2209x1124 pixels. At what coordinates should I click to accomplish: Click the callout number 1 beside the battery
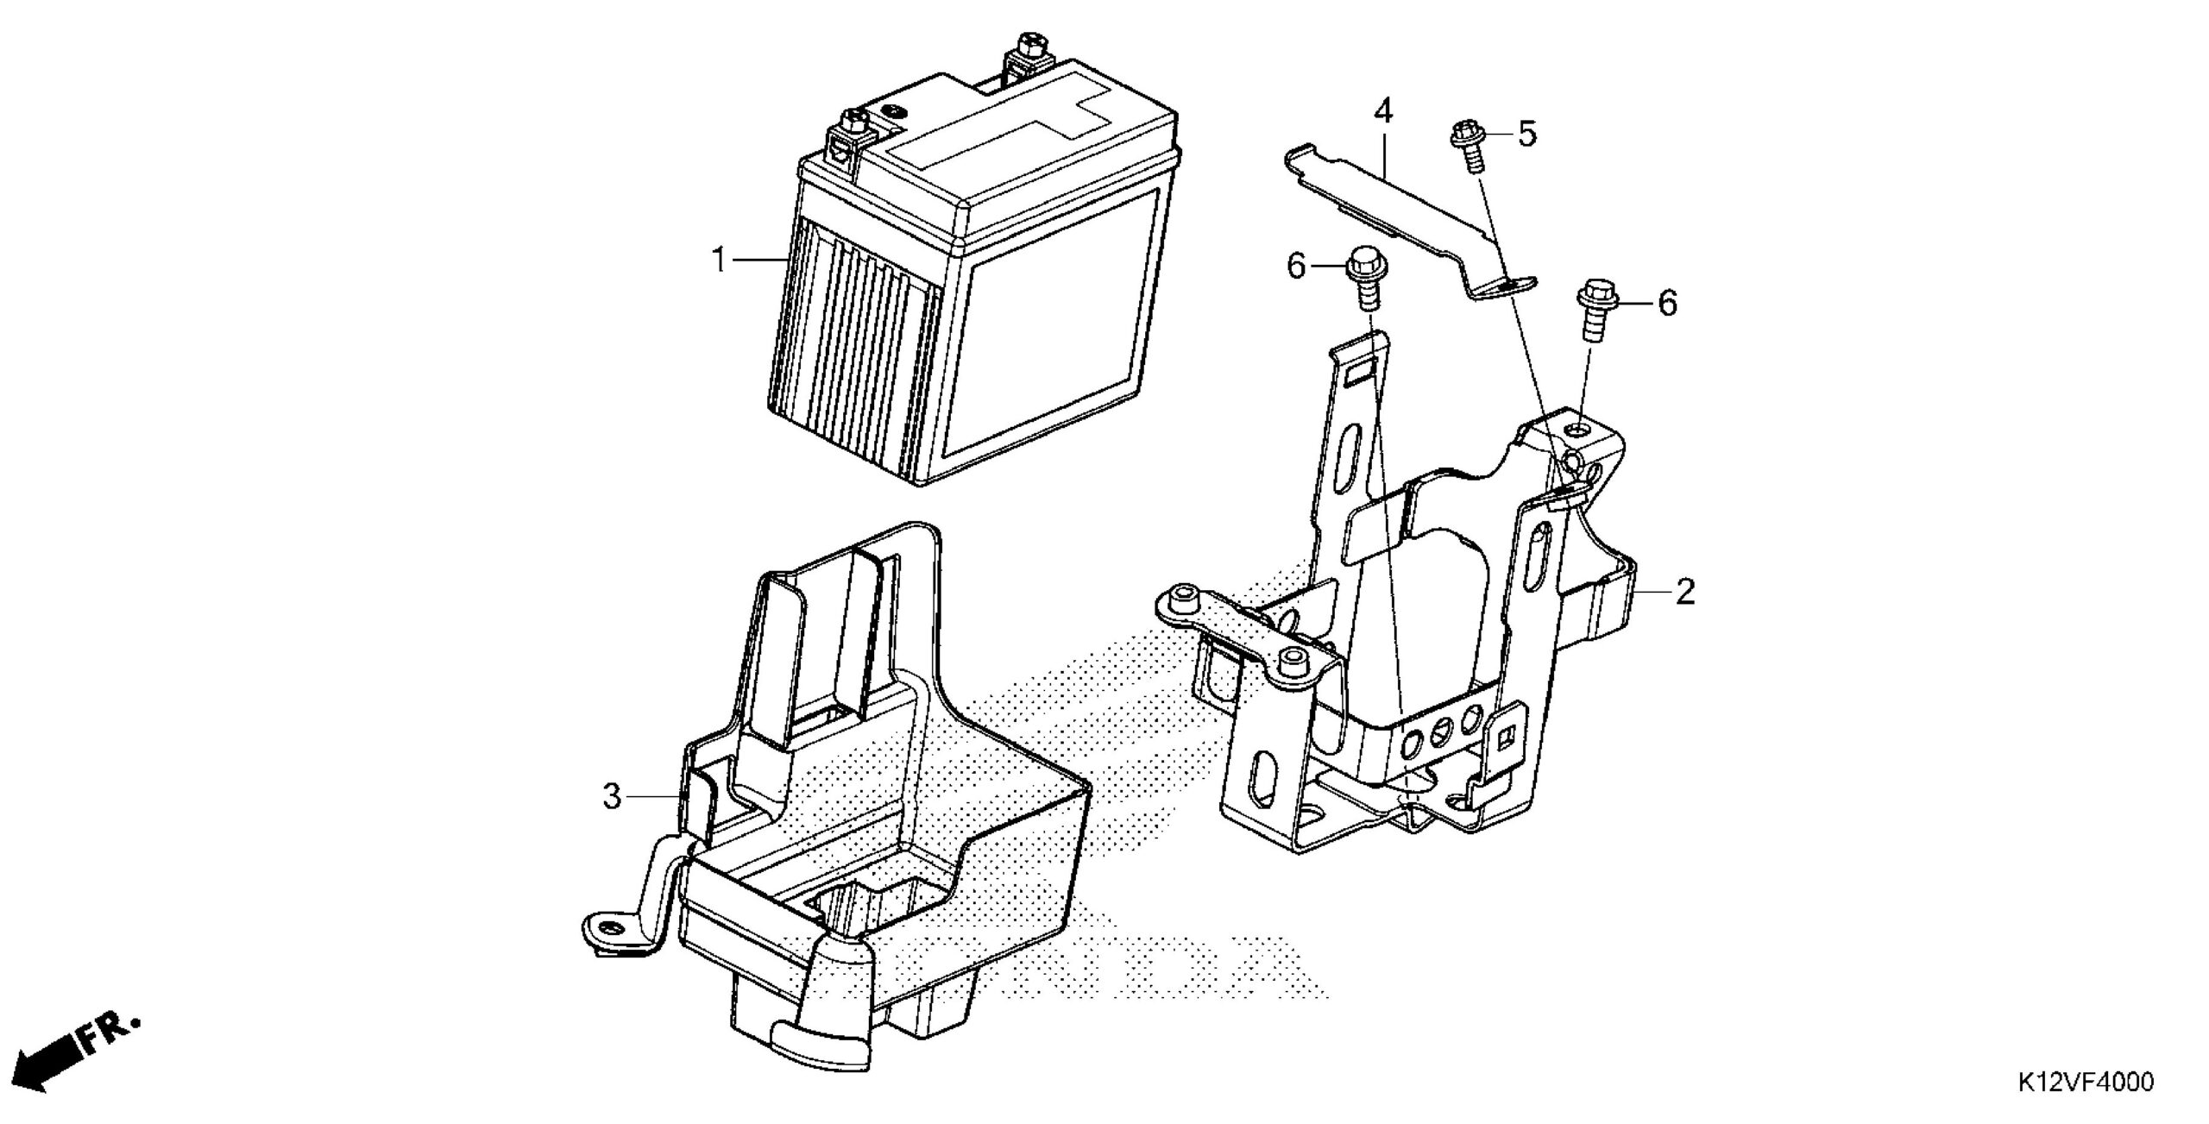718,260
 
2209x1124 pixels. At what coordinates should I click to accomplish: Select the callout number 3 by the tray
612,796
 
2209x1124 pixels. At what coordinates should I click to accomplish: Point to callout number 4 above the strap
1383,110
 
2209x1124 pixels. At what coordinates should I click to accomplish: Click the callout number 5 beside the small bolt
1527,135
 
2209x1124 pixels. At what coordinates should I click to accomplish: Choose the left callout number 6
1296,267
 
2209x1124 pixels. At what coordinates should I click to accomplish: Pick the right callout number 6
1667,303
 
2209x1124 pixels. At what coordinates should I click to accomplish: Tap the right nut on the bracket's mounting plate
1291,660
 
